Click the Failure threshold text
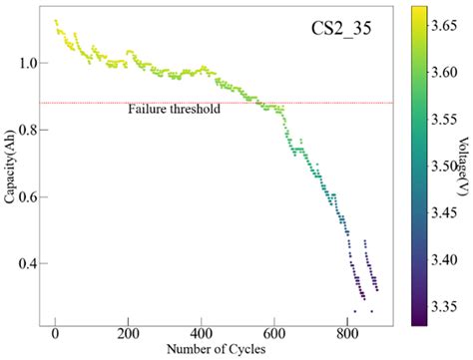click(174, 110)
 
